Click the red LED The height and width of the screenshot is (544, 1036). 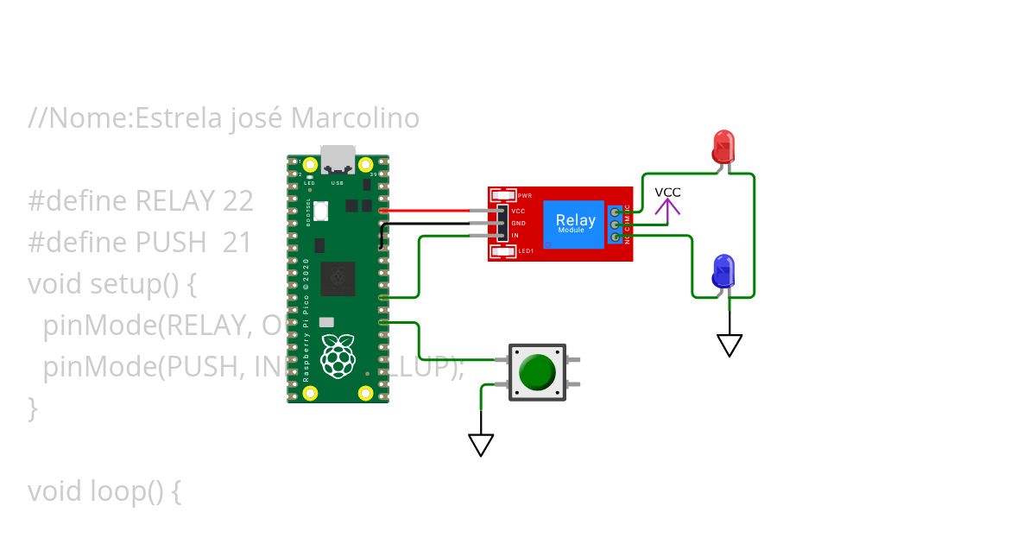coord(723,147)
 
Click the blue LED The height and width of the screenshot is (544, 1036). coord(723,272)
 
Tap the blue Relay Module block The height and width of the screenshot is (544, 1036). coord(575,225)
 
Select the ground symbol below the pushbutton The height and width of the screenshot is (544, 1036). coord(481,444)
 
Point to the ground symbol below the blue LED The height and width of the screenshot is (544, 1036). coord(730,345)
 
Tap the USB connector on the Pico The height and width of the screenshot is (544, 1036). coord(338,160)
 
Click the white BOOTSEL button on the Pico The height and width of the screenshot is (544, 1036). coord(320,210)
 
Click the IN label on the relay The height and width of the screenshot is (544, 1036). coord(515,235)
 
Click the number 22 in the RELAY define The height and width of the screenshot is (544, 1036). coord(237,201)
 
